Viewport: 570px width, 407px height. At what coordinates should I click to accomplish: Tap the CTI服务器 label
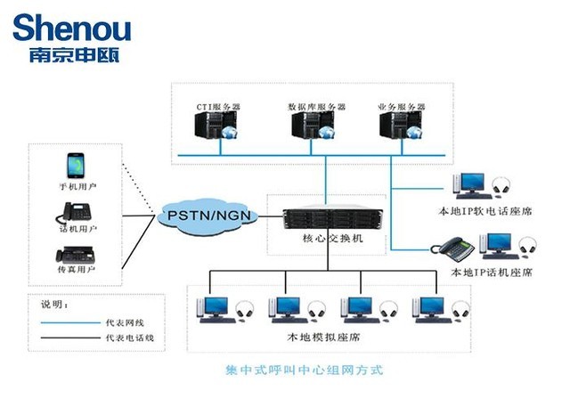coord(218,106)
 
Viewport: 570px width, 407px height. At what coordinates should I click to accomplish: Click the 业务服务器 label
coord(400,106)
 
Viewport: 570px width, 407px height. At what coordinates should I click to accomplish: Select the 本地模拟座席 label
coord(326,340)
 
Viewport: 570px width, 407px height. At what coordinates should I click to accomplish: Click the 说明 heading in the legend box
coord(53,304)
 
